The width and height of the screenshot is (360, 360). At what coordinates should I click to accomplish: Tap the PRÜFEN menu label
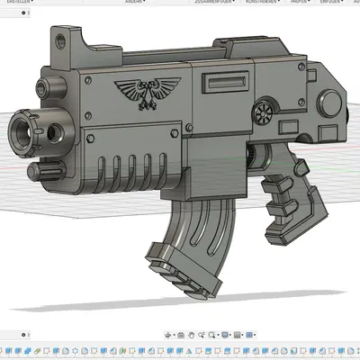300,3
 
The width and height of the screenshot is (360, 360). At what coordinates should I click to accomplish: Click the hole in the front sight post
60,40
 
